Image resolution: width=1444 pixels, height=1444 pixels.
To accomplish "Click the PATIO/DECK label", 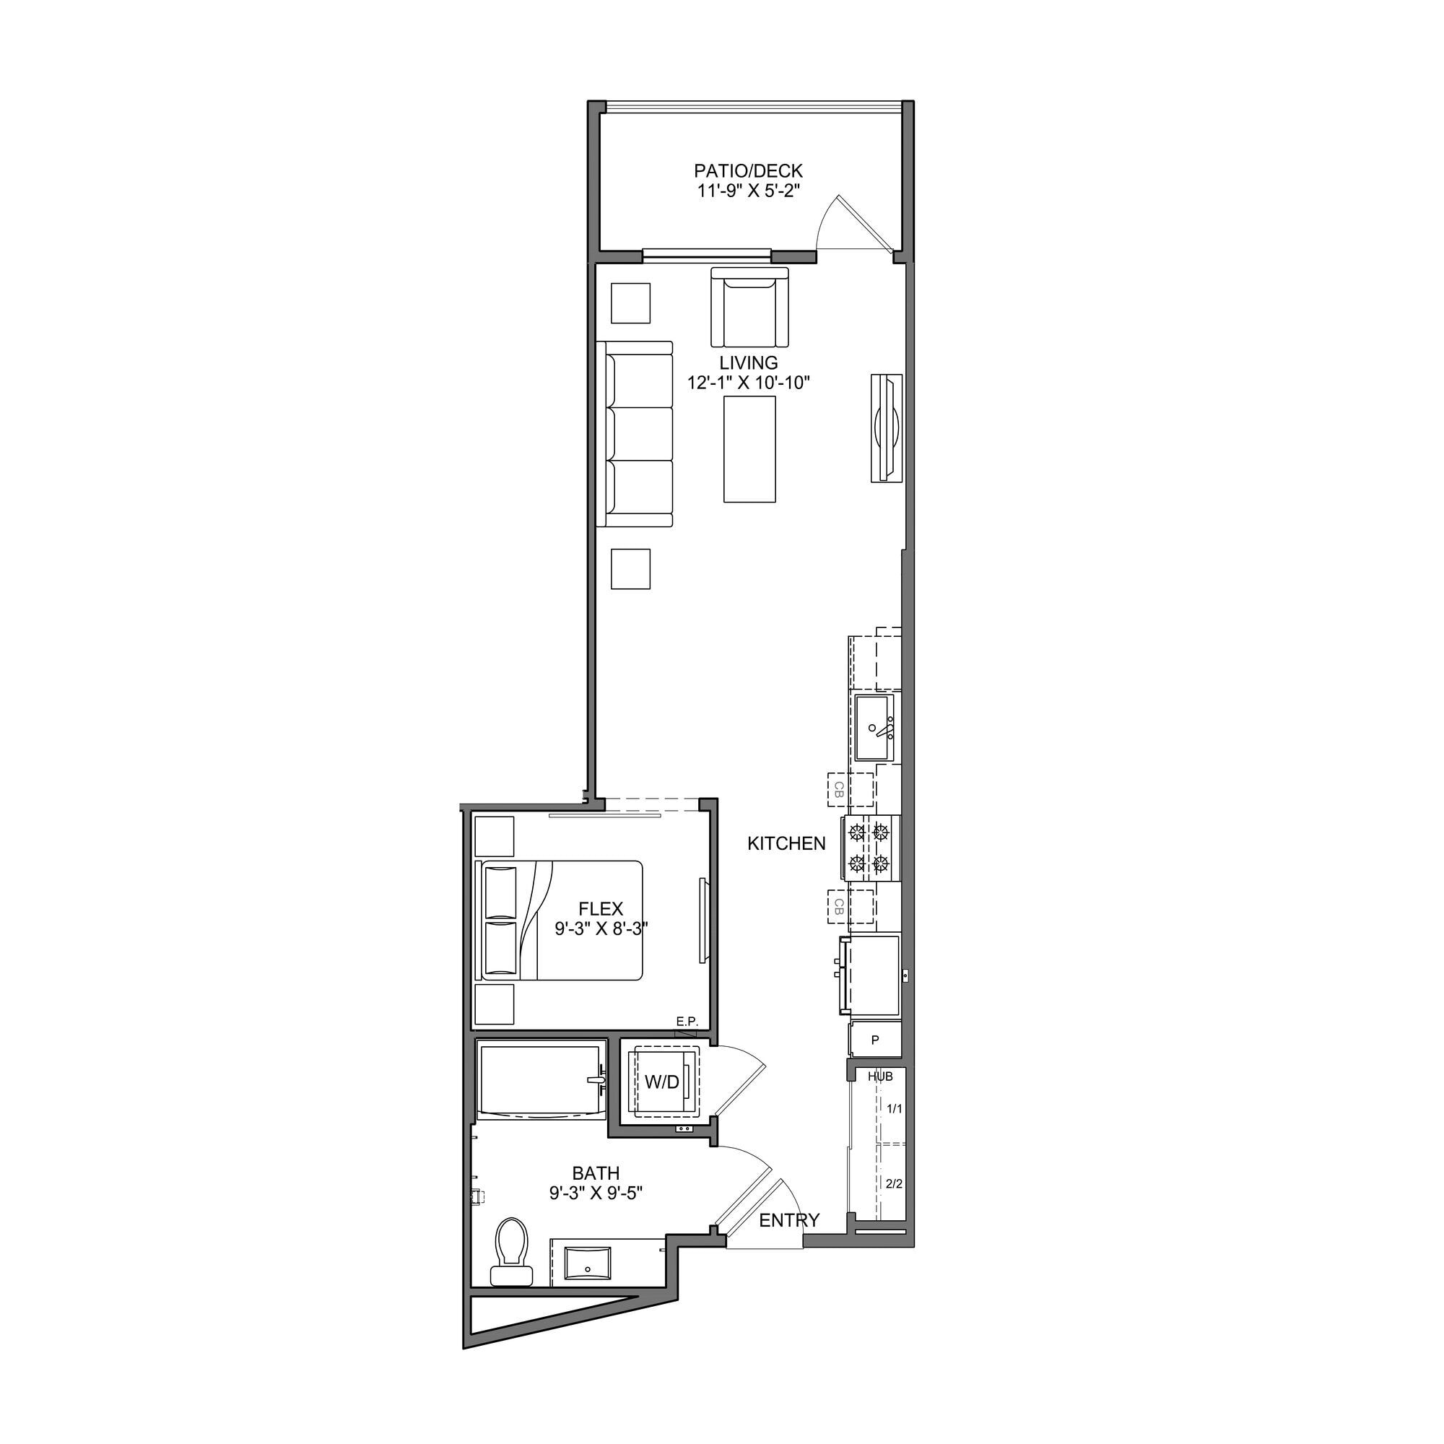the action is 748,171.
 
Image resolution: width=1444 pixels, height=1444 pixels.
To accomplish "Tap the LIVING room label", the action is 749,363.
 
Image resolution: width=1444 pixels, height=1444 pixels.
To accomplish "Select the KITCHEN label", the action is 786,844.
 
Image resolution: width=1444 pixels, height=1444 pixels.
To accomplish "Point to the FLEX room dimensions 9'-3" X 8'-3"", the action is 601,929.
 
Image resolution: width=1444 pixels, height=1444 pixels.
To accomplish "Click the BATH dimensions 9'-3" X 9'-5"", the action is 596,1193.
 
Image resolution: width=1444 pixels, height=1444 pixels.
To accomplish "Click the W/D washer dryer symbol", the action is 663,1082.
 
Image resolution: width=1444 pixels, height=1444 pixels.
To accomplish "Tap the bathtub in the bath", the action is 540,1081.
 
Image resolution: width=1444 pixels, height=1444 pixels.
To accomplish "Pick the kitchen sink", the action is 875,726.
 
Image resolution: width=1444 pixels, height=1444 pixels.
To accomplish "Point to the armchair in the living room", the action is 749,307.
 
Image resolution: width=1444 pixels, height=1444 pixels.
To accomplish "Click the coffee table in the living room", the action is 749,449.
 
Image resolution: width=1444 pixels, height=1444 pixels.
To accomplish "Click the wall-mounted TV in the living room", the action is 887,428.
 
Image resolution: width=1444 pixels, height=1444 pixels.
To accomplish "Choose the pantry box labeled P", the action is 875,1040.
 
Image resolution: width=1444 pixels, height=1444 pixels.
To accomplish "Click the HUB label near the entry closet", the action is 880,1077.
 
